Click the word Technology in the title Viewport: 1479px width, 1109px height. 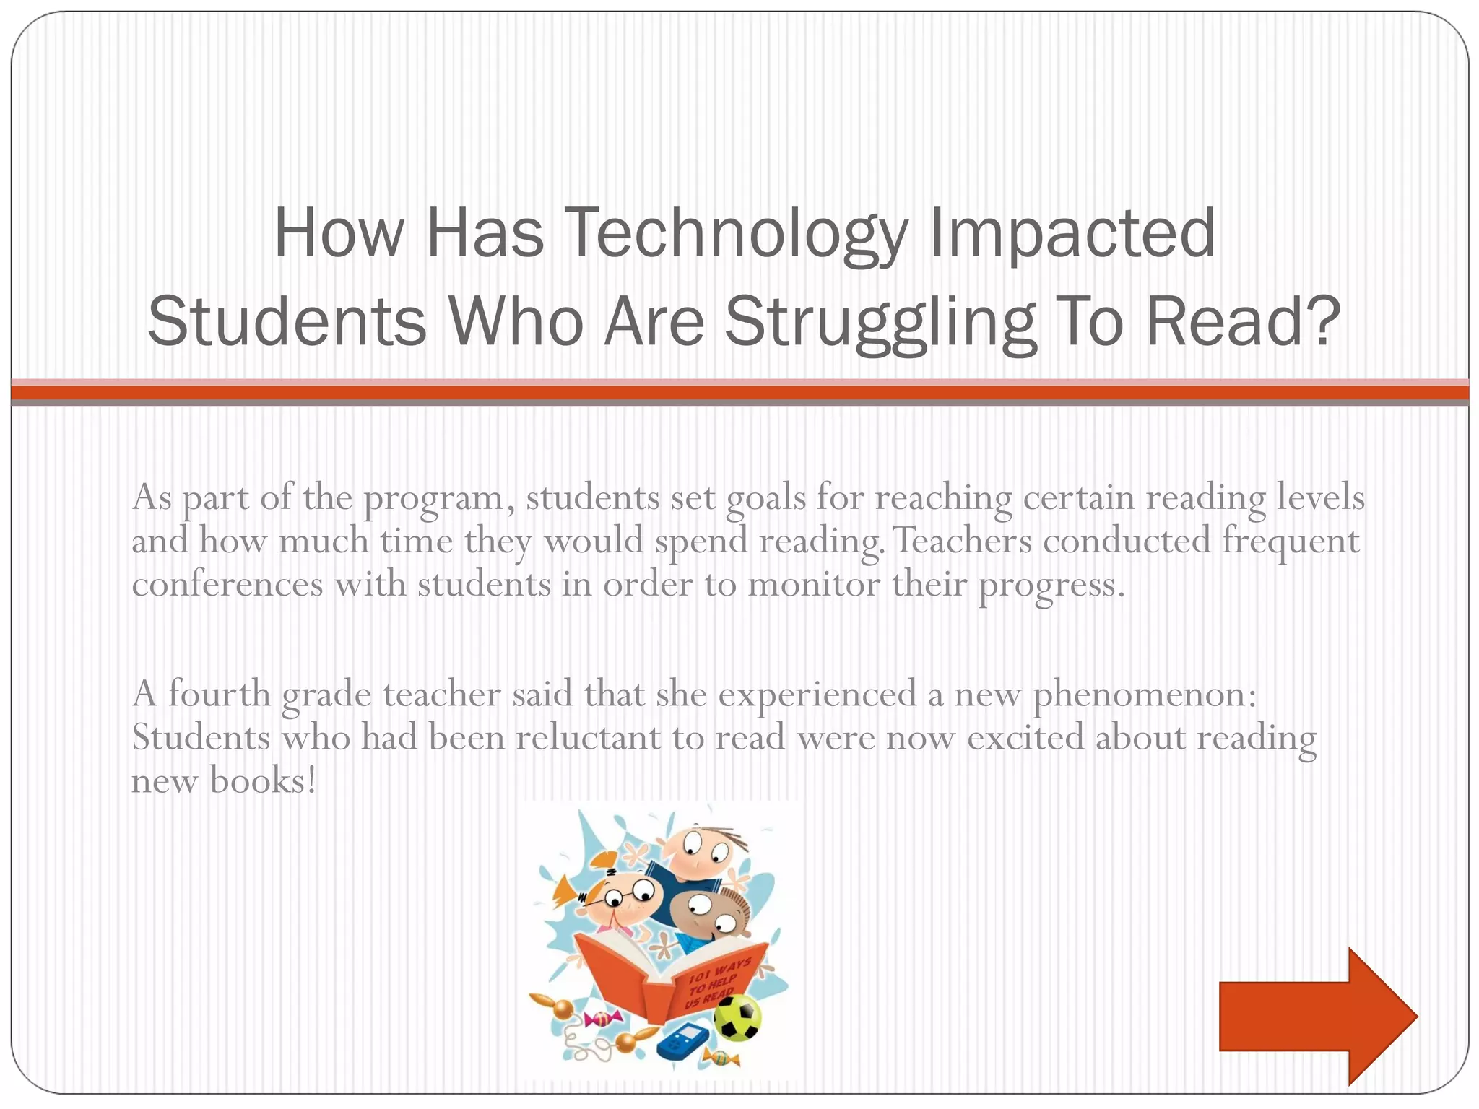735,234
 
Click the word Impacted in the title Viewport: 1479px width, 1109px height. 1072,234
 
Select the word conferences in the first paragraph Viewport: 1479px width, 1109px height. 227,584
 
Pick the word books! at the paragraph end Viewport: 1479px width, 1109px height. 263,781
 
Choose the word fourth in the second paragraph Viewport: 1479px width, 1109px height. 219,695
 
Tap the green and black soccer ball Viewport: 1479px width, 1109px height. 737,1018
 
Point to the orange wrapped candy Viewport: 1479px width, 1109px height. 722,1058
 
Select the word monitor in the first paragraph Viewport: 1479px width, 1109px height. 813,584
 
